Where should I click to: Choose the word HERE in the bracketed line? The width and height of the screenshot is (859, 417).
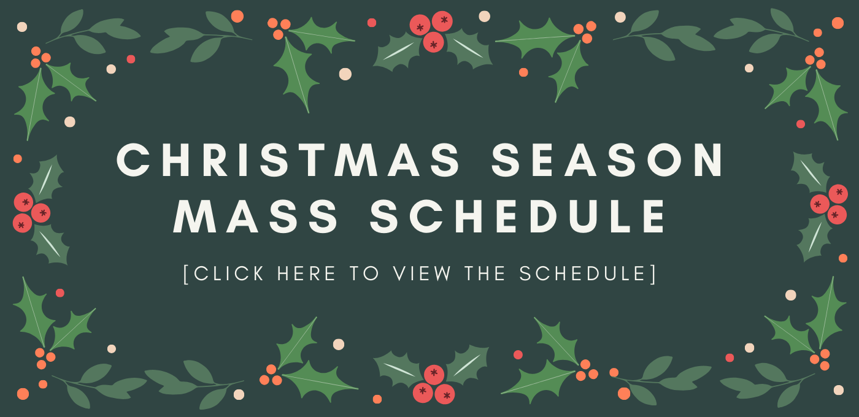point(307,274)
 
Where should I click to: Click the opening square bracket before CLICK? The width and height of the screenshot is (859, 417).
point(187,274)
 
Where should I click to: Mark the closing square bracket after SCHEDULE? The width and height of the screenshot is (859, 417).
point(654,274)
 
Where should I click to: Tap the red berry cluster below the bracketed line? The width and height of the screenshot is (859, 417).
point(434,384)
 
